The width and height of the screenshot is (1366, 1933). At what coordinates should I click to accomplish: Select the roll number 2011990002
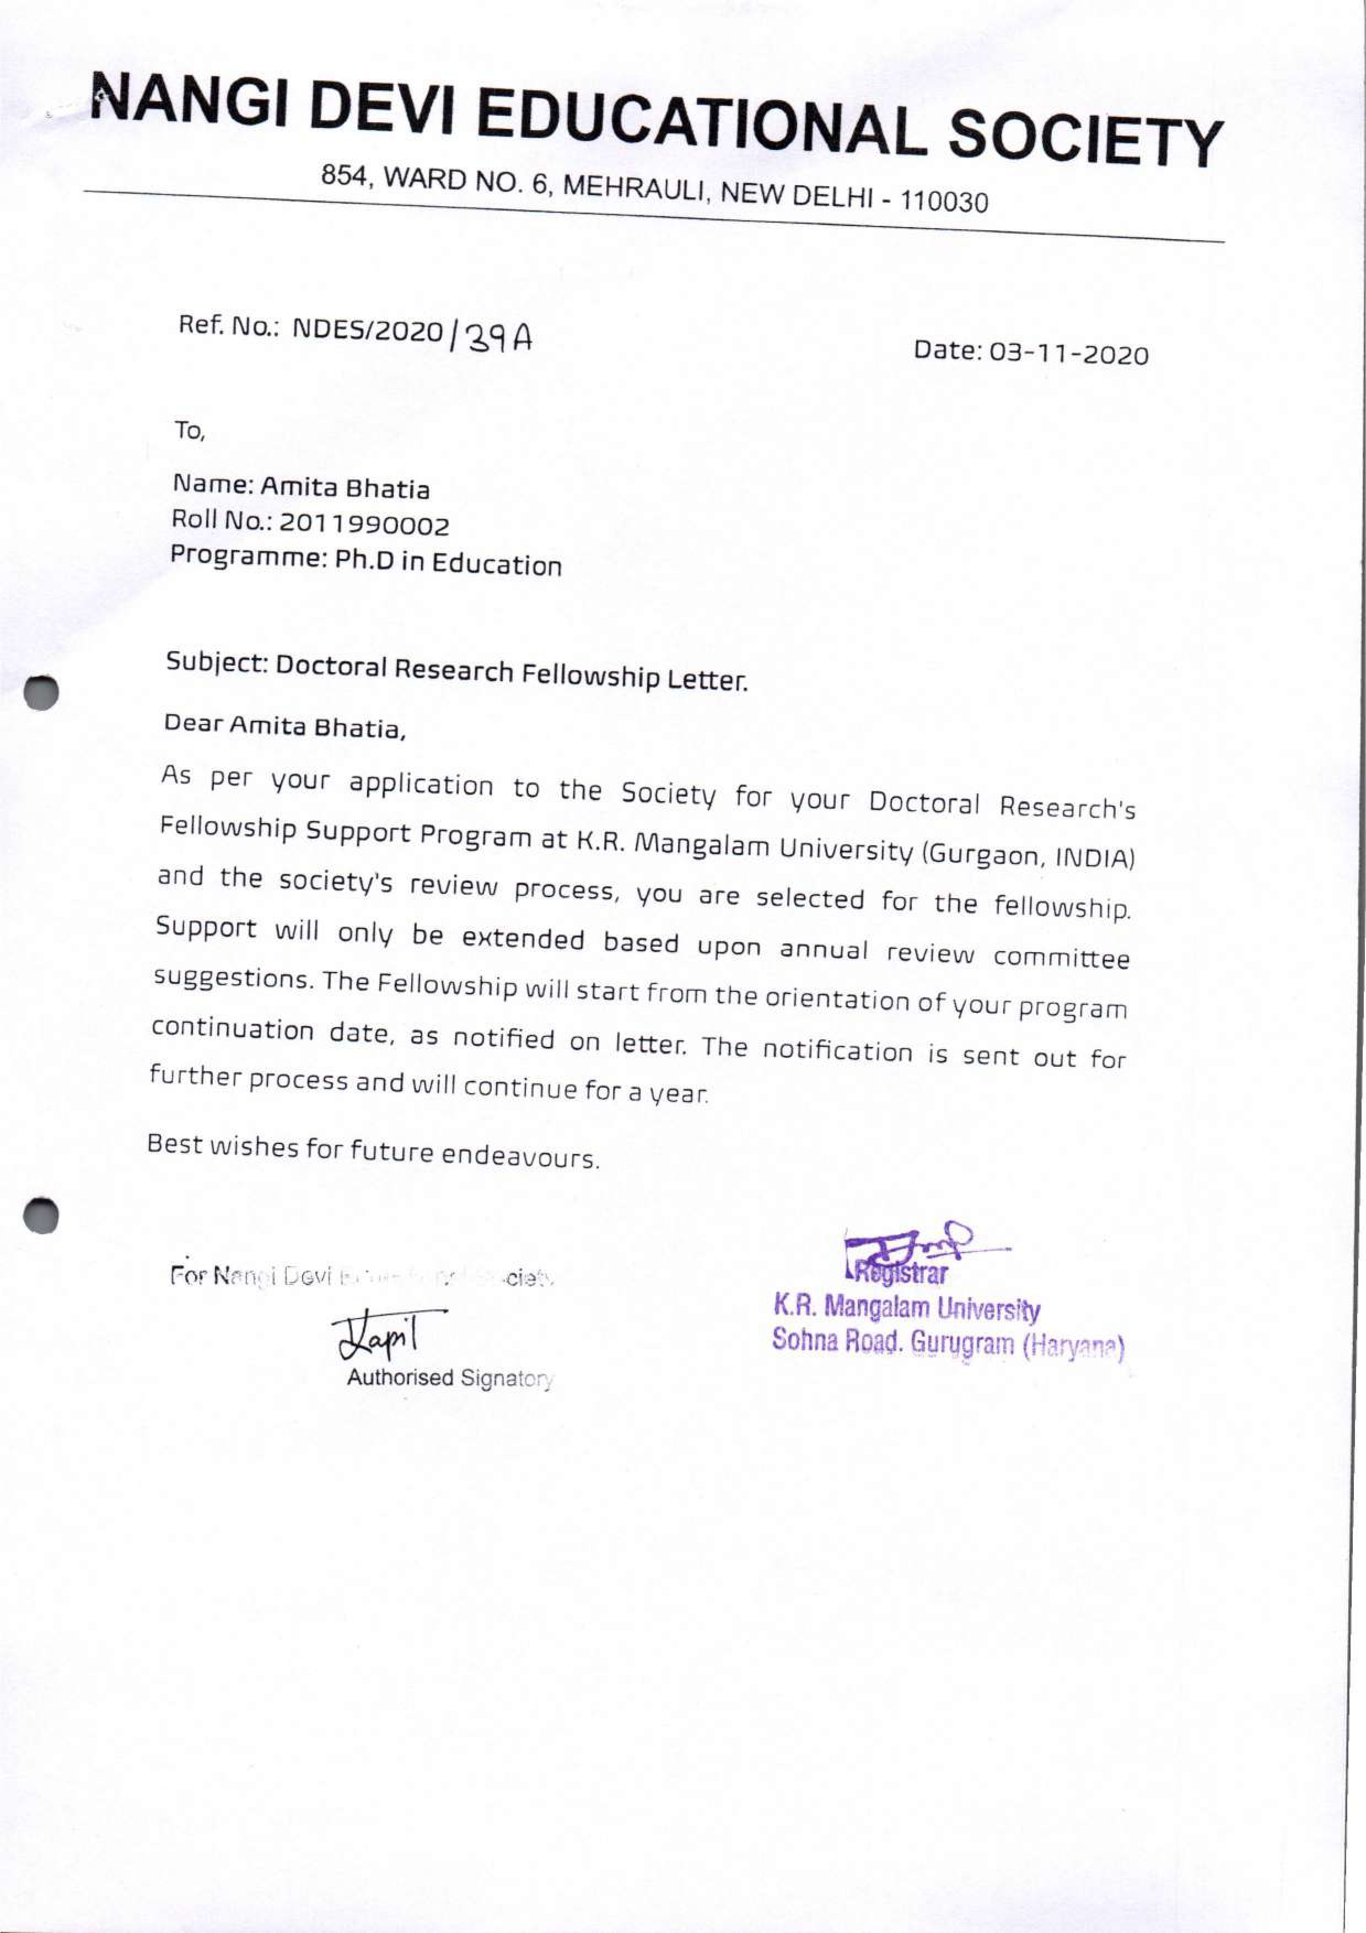coord(364,525)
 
